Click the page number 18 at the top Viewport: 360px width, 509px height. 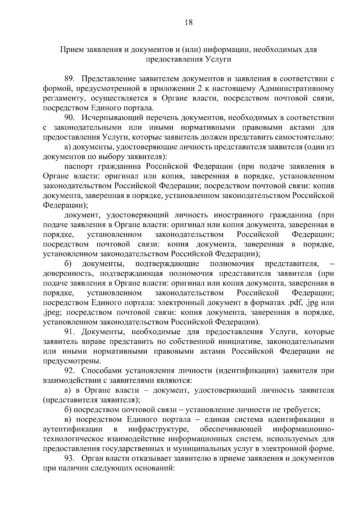pos(189,23)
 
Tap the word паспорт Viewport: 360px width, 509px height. pos(79,167)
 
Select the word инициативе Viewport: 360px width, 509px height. pos(239,342)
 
